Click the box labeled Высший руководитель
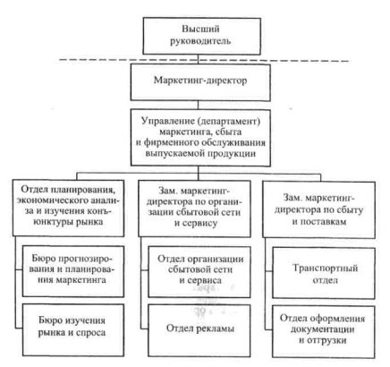[x=202, y=36]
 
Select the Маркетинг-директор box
[x=200, y=82]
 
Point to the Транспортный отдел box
[x=324, y=273]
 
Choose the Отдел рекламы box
[x=199, y=330]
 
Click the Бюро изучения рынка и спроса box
[x=73, y=329]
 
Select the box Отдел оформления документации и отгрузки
[x=324, y=331]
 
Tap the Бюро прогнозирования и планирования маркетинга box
[x=73, y=271]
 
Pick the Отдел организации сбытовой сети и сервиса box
[x=199, y=272]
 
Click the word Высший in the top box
[x=200, y=29]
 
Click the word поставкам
[x=324, y=222]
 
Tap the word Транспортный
[x=325, y=268]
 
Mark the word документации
[x=323, y=329]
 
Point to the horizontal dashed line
[x=204, y=61]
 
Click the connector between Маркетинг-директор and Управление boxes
[x=198, y=105]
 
